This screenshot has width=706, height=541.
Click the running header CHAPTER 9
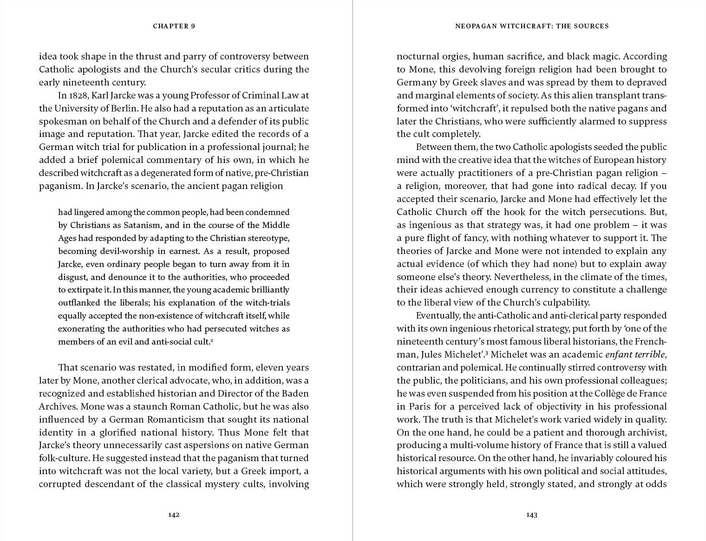click(174, 26)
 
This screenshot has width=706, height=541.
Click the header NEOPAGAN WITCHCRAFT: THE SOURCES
click(532, 26)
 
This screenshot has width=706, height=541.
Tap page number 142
click(174, 515)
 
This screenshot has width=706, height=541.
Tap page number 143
click(532, 515)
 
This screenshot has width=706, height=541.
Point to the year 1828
click(78, 96)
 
